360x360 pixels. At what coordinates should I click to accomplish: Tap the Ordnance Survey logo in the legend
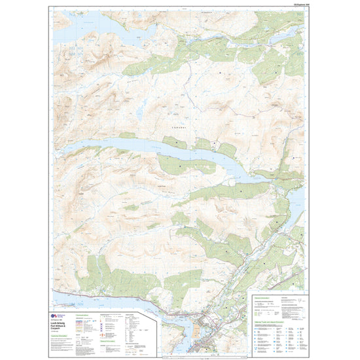(57, 315)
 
